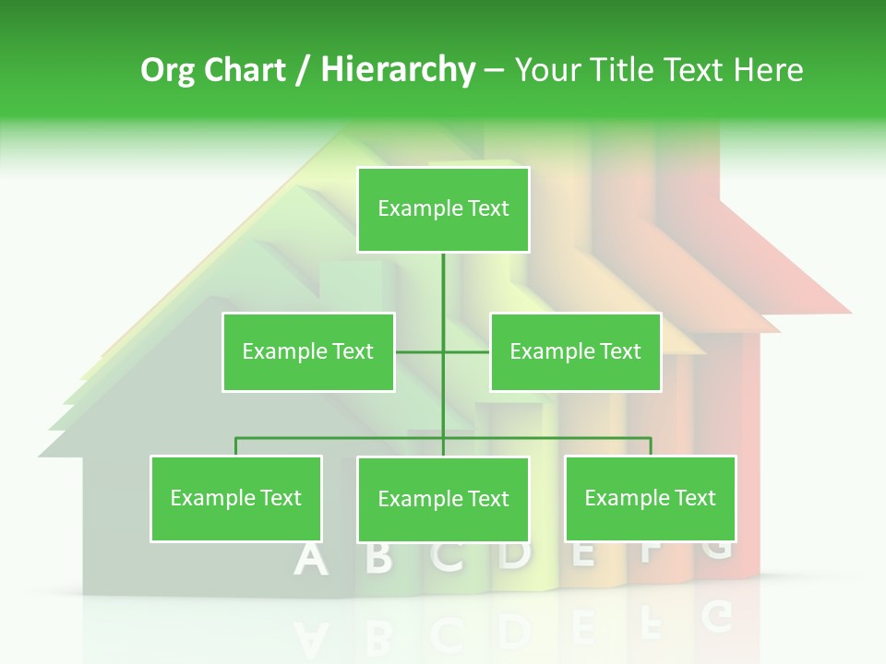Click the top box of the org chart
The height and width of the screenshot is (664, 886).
tap(443, 209)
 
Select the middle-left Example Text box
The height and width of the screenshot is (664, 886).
tap(308, 351)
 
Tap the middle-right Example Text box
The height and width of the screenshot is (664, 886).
tap(575, 351)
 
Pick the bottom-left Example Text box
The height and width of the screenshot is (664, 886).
tap(236, 498)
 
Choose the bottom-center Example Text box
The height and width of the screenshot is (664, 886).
tap(443, 499)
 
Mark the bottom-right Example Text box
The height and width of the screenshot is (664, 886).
tap(650, 498)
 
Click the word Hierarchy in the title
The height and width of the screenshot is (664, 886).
tap(397, 70)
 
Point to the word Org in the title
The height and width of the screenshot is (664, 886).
tap(169, 70)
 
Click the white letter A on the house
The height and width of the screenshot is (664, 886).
tap(311, 560)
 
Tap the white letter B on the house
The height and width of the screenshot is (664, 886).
tap(378, 559)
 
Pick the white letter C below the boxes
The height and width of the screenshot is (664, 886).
tap(448, 556)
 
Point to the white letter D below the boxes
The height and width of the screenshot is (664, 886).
tap(515, 554)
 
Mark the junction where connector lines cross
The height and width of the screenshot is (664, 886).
tap(443, 351)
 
